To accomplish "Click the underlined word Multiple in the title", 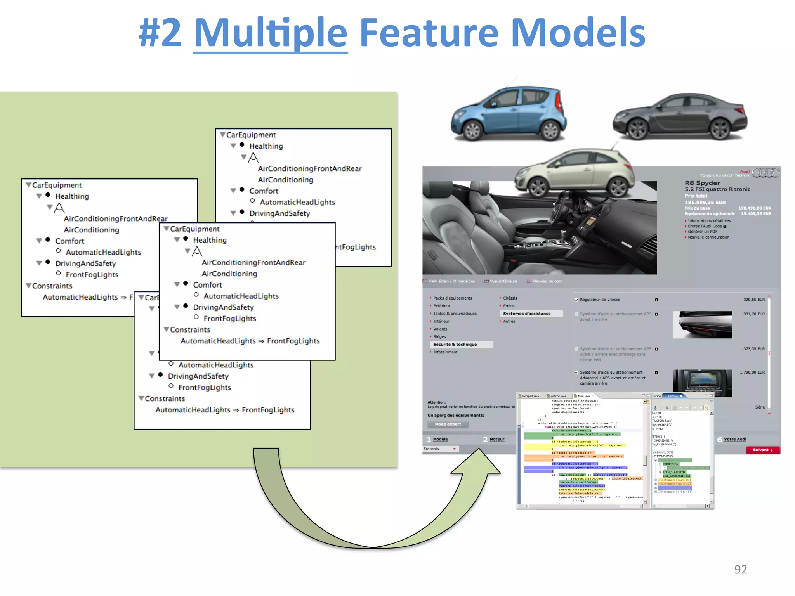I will (270, 33).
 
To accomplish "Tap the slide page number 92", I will (740, 569).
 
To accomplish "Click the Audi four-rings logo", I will (765, 173).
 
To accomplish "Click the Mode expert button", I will (448, 424).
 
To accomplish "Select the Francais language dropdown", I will (440, 449).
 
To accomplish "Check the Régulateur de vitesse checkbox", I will (576, 300).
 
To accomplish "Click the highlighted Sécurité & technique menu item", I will (455, 344).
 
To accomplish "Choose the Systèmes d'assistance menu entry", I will (527, 314).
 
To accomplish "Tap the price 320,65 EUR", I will (754, 300).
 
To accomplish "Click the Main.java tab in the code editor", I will (583, 396).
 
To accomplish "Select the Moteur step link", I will (497, 439).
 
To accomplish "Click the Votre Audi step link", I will (734, 439).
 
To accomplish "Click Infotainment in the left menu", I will (445, 352).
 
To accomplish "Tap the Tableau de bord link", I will (547, 281).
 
